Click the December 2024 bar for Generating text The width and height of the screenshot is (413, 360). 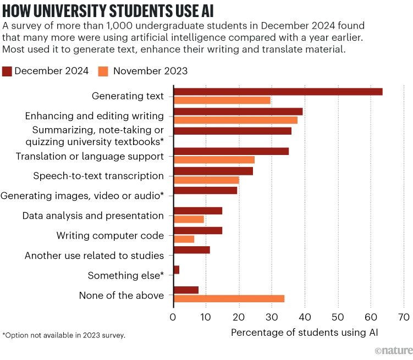pos(278,92)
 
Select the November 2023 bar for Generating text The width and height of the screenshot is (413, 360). pos(222,100)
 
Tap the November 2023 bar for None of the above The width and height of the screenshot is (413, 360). pos(229,298)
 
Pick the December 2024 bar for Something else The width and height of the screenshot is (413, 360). pos(177,270)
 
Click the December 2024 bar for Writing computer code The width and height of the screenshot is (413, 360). pos(198,230)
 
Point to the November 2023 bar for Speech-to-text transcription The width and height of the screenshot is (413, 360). pos(206,180)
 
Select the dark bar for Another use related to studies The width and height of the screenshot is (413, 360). pos(192,250)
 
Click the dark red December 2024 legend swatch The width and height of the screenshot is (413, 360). pos(7,71)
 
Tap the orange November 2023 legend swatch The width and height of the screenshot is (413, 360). pos(103,71)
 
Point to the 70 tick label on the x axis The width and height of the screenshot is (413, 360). pos(404,317)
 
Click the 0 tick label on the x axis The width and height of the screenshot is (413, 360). pos(173,317)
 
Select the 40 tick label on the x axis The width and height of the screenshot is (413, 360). pos(305,317)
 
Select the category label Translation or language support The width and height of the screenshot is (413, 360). pos(90,157)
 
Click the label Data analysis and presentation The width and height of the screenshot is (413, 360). pos(93,216)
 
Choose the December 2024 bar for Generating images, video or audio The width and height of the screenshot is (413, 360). pos(205,191)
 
